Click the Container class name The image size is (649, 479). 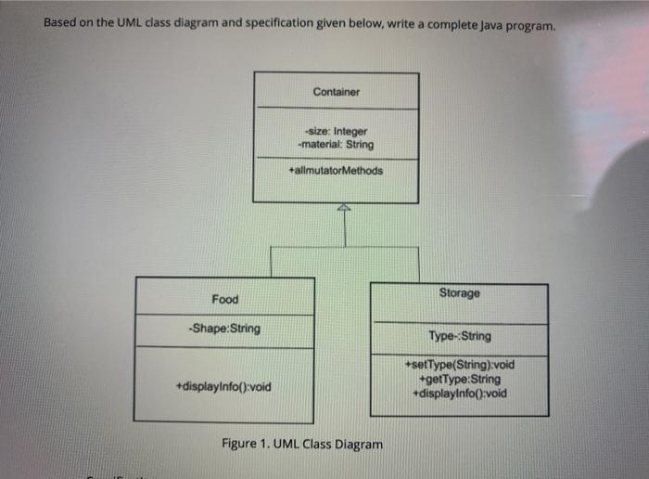coord(336,92)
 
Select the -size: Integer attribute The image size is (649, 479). coord(336,132)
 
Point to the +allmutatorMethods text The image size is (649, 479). coord(336,171)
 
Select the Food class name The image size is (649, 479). coord(224,299)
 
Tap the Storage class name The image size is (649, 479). coord(460,293)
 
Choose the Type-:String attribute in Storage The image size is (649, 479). coord(460,336)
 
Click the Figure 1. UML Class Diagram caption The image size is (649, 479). coord(302,444)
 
